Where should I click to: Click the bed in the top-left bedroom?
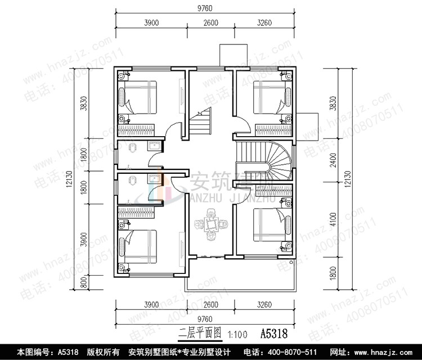[140, 98]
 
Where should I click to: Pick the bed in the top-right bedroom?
[269, 98]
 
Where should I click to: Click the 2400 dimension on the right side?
[333, 161]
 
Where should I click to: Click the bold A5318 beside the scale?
[274, 334]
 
